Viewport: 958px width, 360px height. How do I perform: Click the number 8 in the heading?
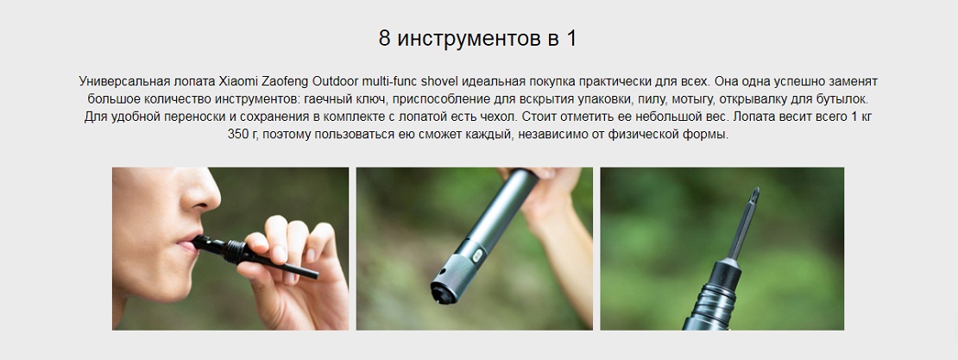(384, 39)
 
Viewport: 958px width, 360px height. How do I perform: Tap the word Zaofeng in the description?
(284, 81)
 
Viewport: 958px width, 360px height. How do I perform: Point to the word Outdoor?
(336, 81)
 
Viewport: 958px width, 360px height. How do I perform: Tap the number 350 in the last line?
(238, 135)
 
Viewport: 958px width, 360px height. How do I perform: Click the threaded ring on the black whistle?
(234, 250)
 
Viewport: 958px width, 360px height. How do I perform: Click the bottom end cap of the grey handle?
(445, 288)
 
